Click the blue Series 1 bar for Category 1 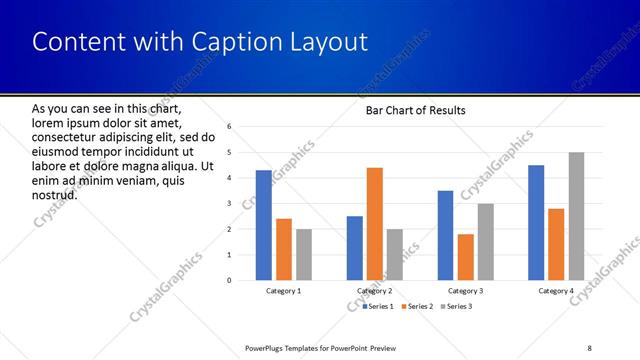(263, 225)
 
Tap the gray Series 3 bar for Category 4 (577, 216)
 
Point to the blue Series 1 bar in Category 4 (536, 222)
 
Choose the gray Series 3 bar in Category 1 (304, 254)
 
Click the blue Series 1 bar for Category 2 (355, 248)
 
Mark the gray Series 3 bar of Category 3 (486, 241)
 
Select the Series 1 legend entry (378, 306)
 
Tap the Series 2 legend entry (418, 306)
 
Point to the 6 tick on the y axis (229, 127)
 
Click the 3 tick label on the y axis (229, 204)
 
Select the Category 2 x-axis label (375, 291)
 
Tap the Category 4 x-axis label (556, 291)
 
